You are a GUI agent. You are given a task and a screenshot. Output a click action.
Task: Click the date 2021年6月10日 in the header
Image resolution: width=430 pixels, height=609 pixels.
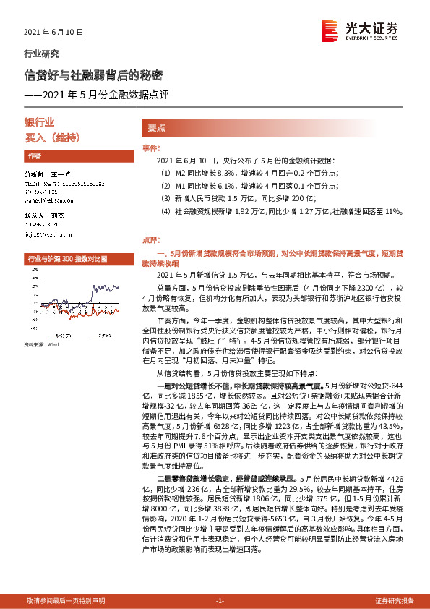tap(54, 33)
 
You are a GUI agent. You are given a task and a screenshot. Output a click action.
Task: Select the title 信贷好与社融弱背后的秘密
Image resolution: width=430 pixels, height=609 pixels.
tap(93, 74)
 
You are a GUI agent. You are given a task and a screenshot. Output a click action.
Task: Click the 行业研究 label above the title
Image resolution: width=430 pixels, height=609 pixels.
tap(42, 54)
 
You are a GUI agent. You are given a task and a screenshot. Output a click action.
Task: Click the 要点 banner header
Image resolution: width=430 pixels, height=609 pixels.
tap(157, 128)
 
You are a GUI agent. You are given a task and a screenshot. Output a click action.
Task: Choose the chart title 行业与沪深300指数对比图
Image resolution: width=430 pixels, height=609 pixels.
tap(66, 258)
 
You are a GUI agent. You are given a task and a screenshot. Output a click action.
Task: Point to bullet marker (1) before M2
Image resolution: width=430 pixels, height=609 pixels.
tap(165, 174)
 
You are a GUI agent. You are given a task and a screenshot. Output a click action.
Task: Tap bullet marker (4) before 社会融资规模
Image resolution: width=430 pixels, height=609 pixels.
tap(165, 211)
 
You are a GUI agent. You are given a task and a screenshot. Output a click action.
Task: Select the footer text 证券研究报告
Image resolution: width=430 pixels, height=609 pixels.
tap(395, 600)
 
